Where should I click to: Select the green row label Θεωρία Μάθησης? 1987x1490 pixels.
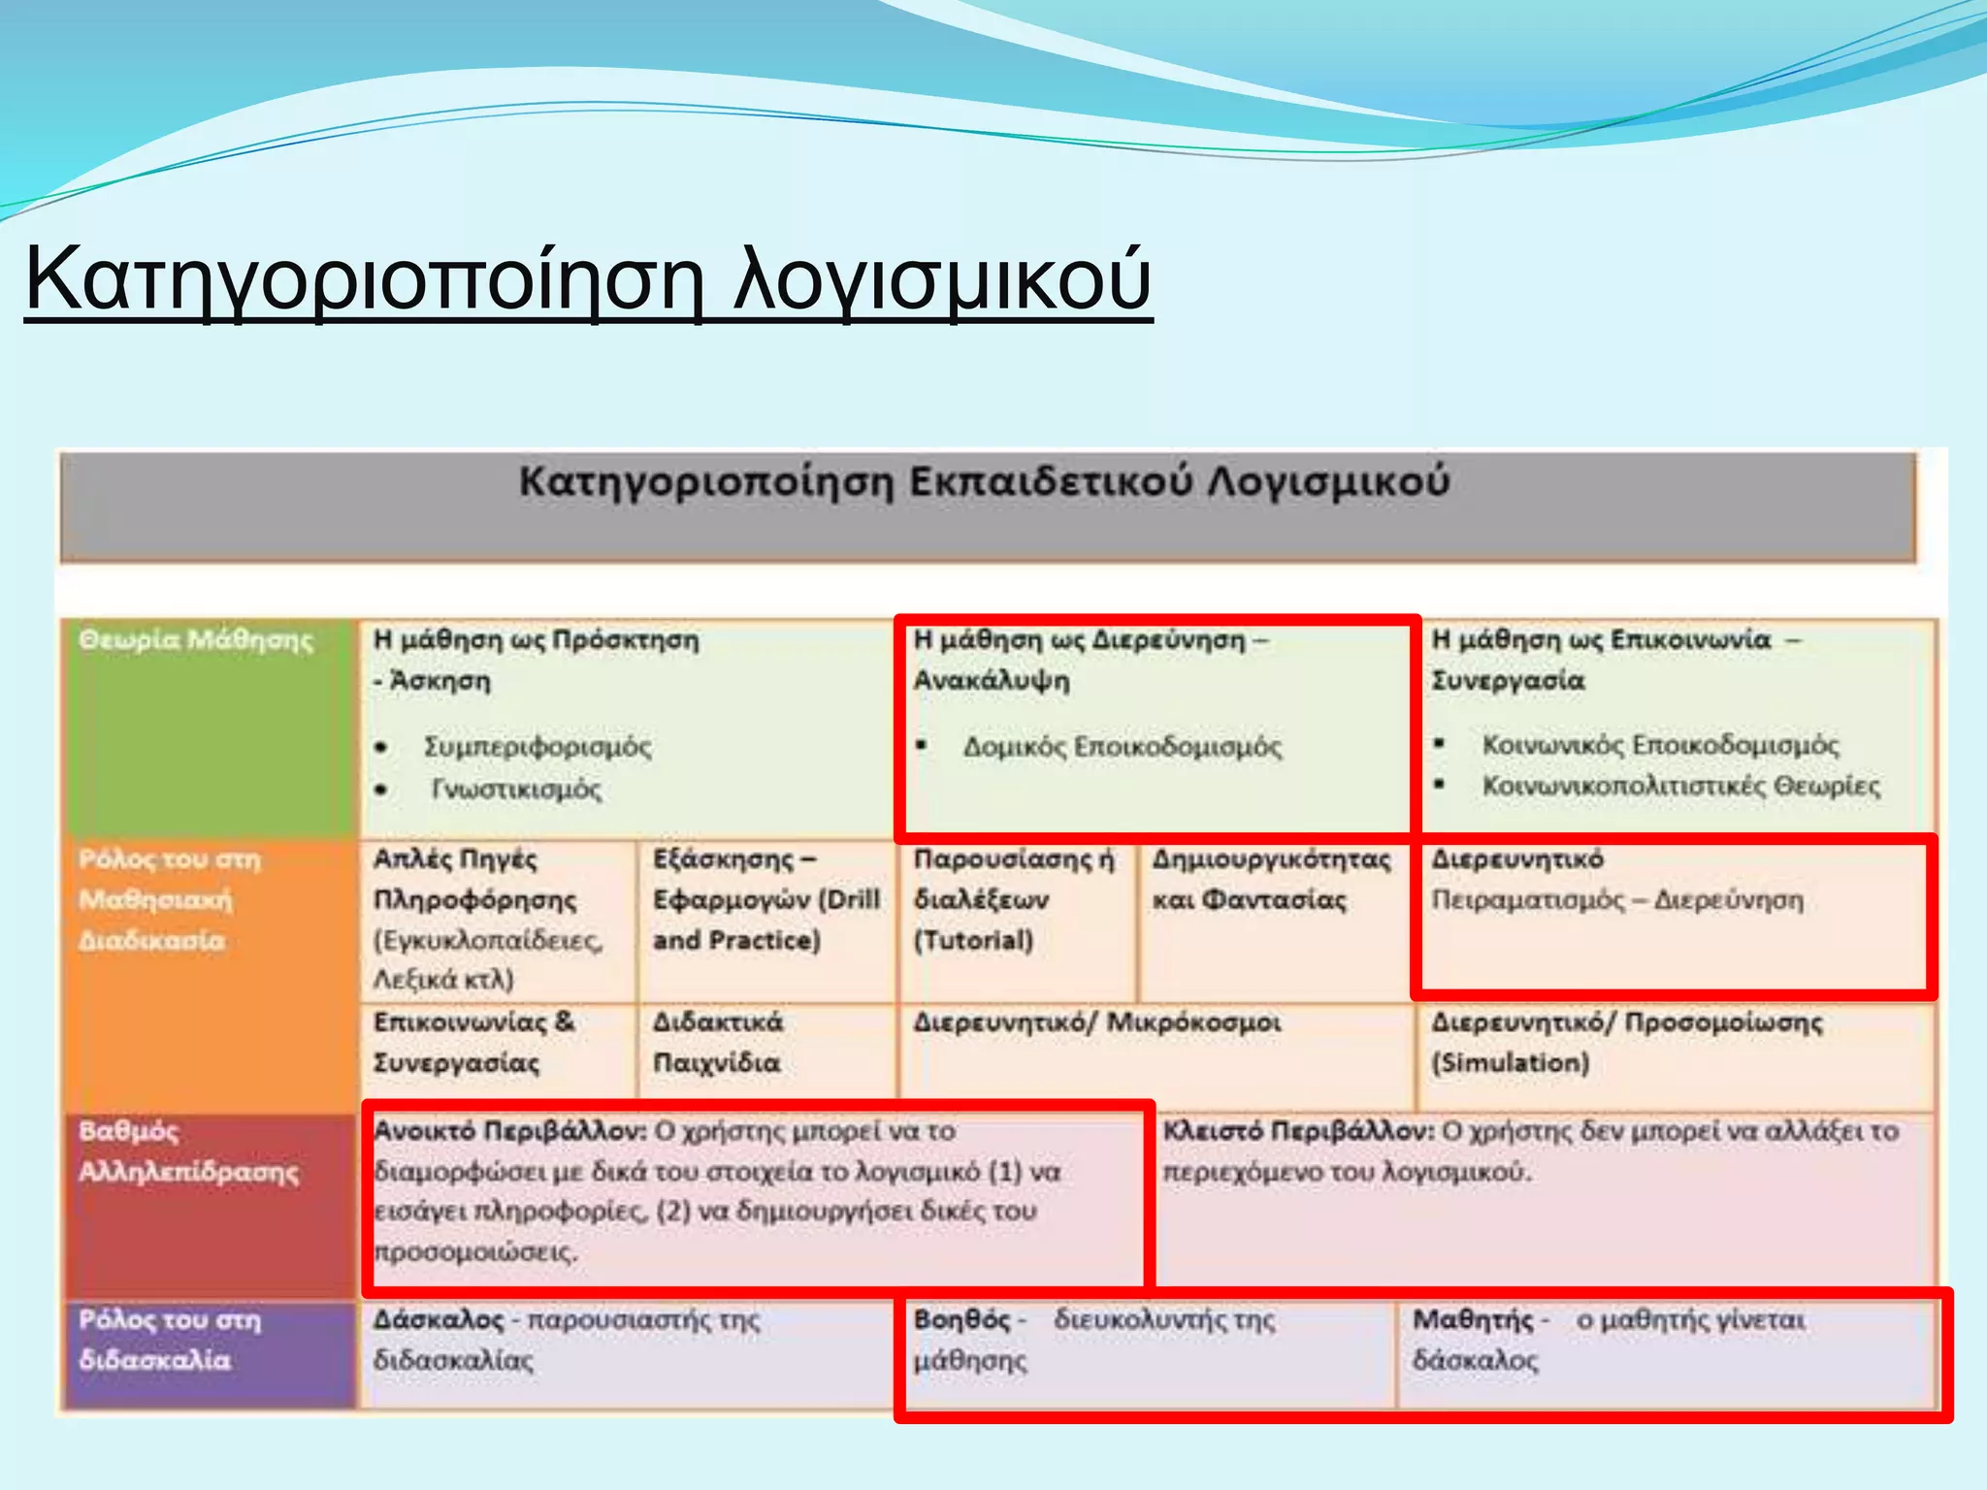[196, 640]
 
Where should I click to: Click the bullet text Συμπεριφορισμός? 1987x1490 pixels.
[537, 747]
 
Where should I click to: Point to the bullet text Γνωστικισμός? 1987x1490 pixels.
[516, 790]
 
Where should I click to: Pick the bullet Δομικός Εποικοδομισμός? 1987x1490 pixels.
[1122, 747]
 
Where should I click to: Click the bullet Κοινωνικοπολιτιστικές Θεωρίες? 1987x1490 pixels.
[1680, 786]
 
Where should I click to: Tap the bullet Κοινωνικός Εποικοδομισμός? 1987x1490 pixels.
[1659, 745]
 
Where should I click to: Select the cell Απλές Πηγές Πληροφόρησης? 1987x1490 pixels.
[474, 879]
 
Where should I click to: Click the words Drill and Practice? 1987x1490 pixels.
[766, 920]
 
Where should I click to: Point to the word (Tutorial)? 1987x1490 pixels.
[973, 940]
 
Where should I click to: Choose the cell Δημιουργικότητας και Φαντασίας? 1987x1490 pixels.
[1271, 879]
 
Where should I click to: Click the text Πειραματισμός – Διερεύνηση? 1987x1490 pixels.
[1617, 900]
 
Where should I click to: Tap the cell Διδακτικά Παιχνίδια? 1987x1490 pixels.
[718, 1042]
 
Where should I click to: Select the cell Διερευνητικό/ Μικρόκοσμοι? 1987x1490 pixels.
[1096, 1022]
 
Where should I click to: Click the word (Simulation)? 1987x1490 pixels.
[1510, 1063]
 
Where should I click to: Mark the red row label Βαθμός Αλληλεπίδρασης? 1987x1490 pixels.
[188, 1151]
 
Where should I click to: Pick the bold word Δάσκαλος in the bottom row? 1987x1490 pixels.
[439, 1320]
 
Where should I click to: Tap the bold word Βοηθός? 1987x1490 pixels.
[962, 1320]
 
